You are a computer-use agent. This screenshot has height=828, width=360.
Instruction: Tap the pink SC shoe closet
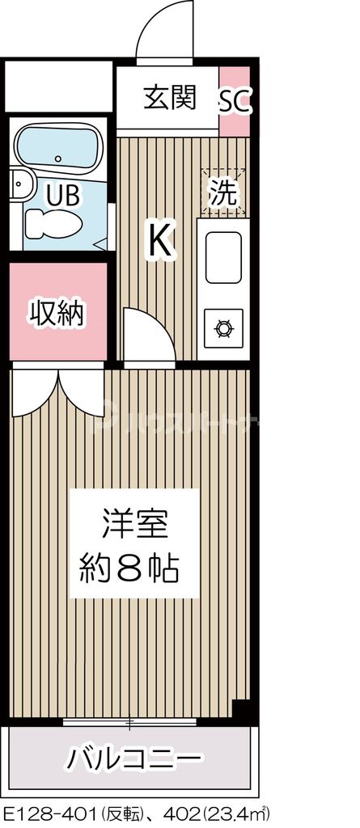point(236,101)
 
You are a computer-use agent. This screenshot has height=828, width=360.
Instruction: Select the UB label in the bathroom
point(61,194)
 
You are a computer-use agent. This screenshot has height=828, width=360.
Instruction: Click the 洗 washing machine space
point(222,192)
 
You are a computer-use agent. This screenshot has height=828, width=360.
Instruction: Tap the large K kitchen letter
point(160,239)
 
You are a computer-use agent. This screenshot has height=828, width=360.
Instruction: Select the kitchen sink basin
point(223,257)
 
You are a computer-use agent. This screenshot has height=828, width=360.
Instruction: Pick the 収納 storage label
point(57,312)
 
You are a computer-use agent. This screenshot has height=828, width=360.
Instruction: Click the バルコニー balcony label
point(133,758)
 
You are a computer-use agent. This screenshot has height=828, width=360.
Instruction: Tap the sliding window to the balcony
point(129,720)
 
